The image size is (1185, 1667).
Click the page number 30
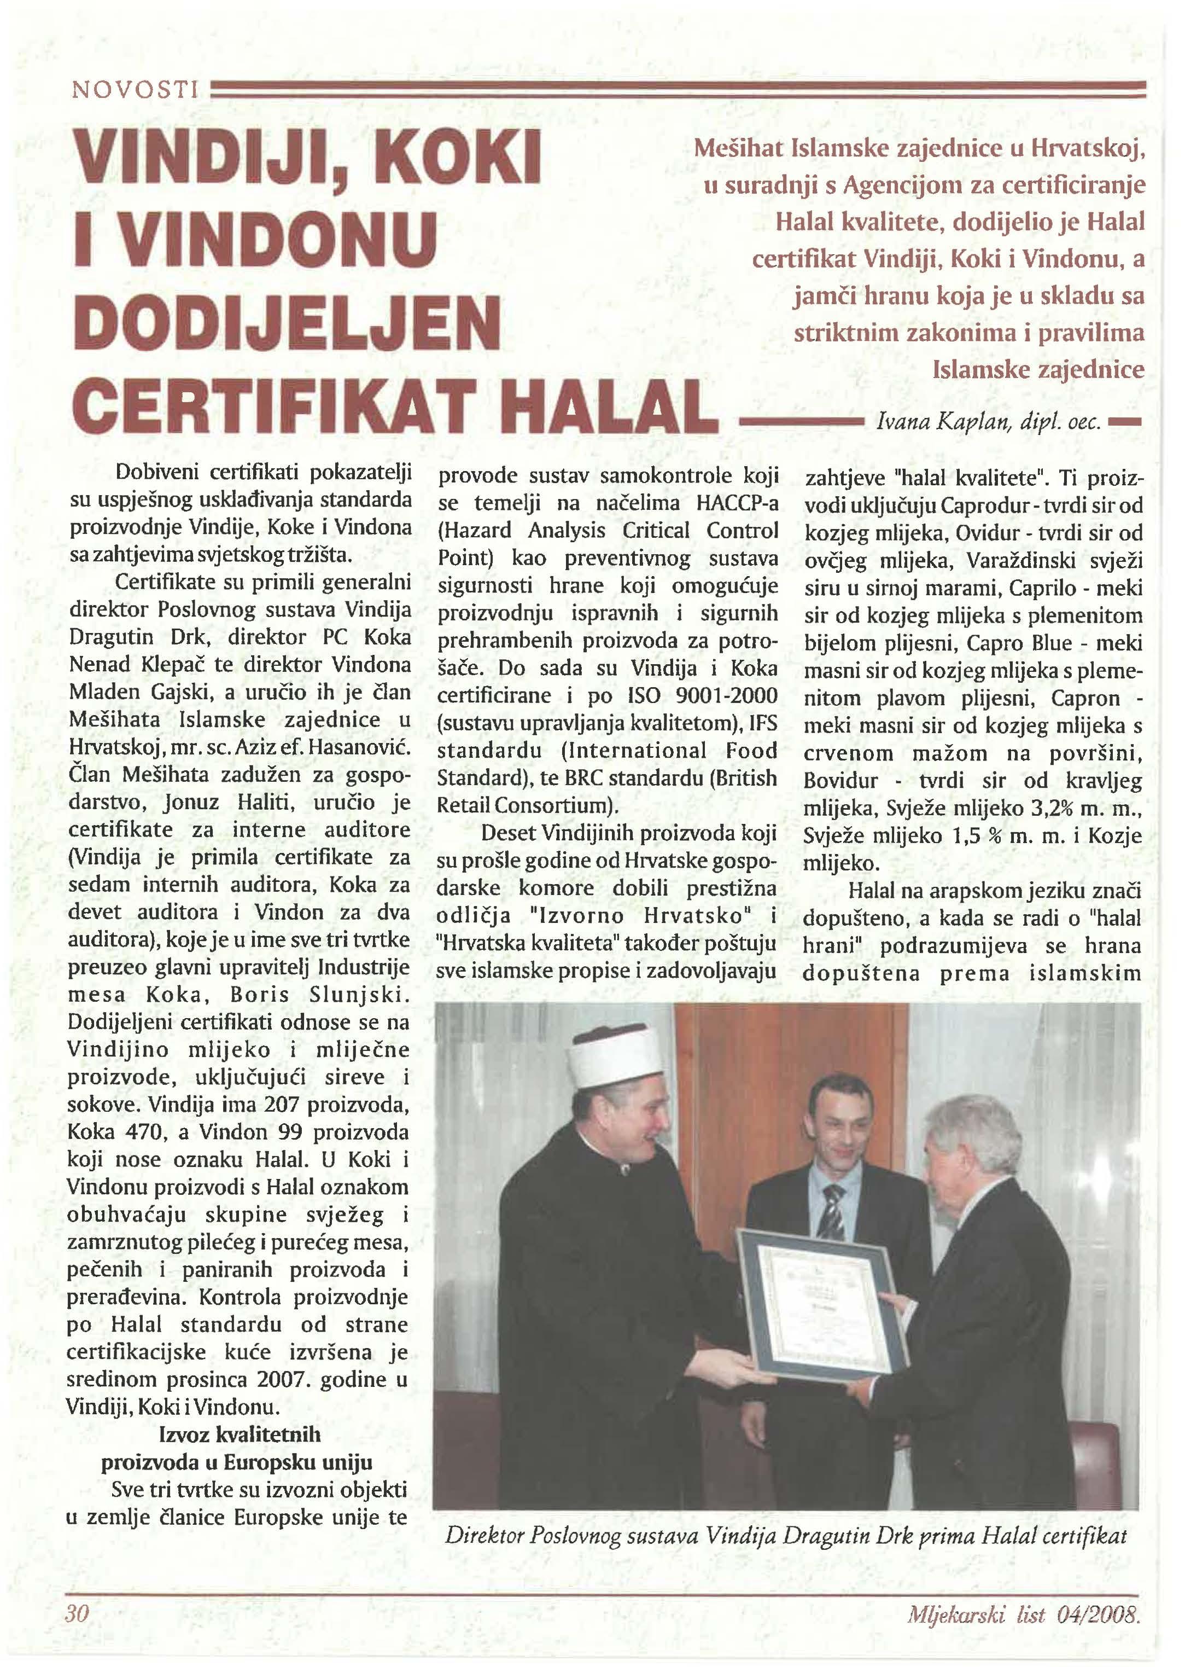point(77,1612)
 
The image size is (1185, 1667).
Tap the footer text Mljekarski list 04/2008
point(1022,1614)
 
